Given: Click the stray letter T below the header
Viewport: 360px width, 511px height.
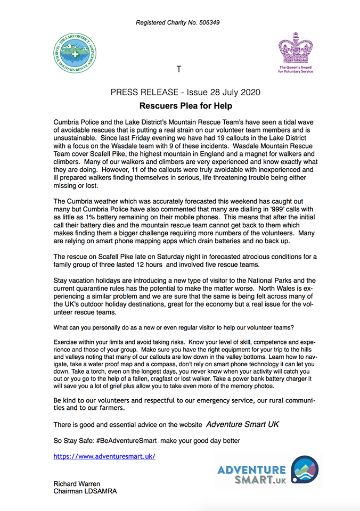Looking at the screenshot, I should (x=179, y=69).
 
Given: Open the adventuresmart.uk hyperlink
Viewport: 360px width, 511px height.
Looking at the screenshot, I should (x=104, y=456).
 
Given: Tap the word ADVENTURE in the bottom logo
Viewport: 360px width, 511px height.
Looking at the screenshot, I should (x=251, y=470).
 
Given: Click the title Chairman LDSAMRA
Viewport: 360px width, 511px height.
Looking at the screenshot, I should (x=85, y=491).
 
